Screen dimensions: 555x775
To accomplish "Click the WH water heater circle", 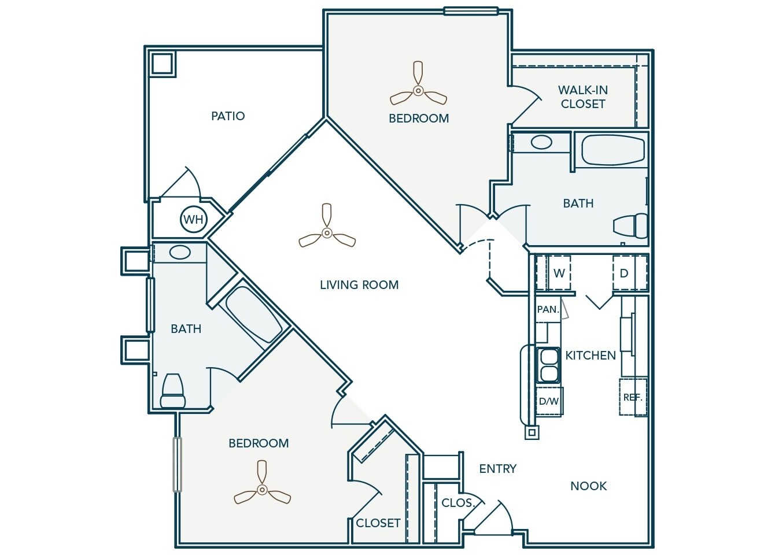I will [193, 220].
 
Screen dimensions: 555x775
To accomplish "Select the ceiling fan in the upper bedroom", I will [418, 90].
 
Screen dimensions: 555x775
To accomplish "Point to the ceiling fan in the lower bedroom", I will [262, 490].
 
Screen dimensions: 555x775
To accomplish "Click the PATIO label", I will [228, 116].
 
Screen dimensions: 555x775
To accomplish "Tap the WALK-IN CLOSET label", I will [582, 97].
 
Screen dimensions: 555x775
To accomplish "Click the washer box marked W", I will [559, 273].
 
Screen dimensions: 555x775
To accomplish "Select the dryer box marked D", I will [624, 273].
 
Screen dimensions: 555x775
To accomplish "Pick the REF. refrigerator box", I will [633, 397].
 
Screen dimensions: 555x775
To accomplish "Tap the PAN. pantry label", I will [548, 309].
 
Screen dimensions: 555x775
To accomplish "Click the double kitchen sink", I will [548, 365].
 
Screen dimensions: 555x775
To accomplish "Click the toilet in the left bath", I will [172, 391].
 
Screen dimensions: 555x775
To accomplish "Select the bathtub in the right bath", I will [612, 150].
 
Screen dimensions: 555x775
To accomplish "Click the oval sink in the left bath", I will [180, 252].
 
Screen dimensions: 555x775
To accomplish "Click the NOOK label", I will [588, 486].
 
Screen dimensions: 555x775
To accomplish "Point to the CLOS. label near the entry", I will [457, 503].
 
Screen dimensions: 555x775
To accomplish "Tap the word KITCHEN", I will [591, 356].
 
